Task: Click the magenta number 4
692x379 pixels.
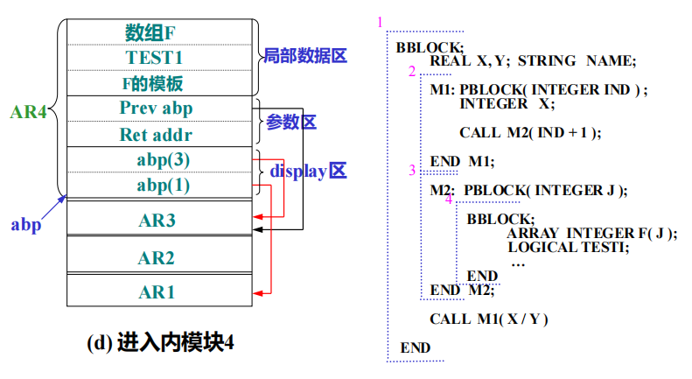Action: (x=449, y=200)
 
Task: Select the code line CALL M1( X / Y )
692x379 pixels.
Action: (x=488, y=319)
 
